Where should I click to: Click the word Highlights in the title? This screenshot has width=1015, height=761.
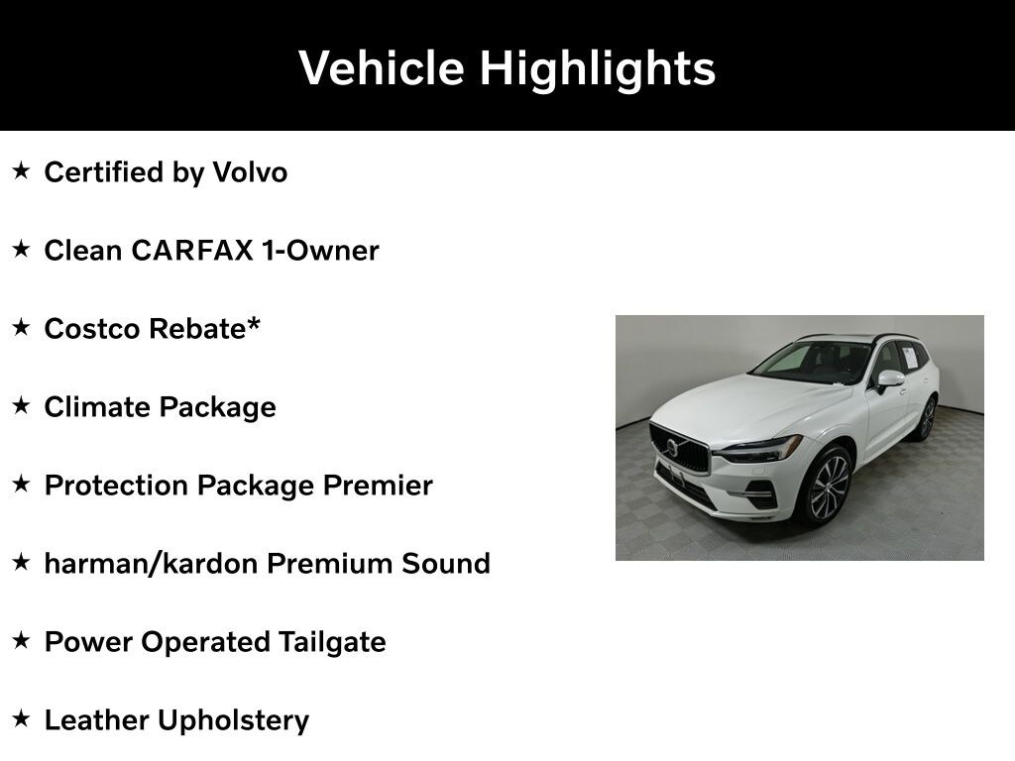(598, 69)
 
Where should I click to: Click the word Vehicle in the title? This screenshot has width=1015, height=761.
(382, 68)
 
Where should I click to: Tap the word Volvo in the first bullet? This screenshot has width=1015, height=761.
(250, 172)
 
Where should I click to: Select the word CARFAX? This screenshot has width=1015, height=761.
(191, 251)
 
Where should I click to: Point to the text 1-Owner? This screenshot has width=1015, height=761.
(320, 251)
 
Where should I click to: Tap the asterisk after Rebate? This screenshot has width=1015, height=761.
(253, 324)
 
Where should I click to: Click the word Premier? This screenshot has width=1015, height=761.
(378, 486)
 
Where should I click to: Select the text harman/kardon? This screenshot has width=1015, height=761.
(151, 564)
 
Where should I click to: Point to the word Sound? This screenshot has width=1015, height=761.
(446, 564)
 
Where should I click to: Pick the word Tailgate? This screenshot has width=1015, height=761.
(332, 642)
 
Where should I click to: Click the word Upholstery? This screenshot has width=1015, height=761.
(234, 721)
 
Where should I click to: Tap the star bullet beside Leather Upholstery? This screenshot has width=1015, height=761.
(22, 718)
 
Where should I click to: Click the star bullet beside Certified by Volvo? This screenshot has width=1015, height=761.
(22, 170)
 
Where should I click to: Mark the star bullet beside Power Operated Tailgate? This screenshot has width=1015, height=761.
(22, 640)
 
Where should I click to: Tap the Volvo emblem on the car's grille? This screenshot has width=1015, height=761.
(672, 448)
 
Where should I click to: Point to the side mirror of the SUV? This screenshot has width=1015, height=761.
(889, 380)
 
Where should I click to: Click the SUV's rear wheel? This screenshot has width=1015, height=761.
(927, 418)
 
